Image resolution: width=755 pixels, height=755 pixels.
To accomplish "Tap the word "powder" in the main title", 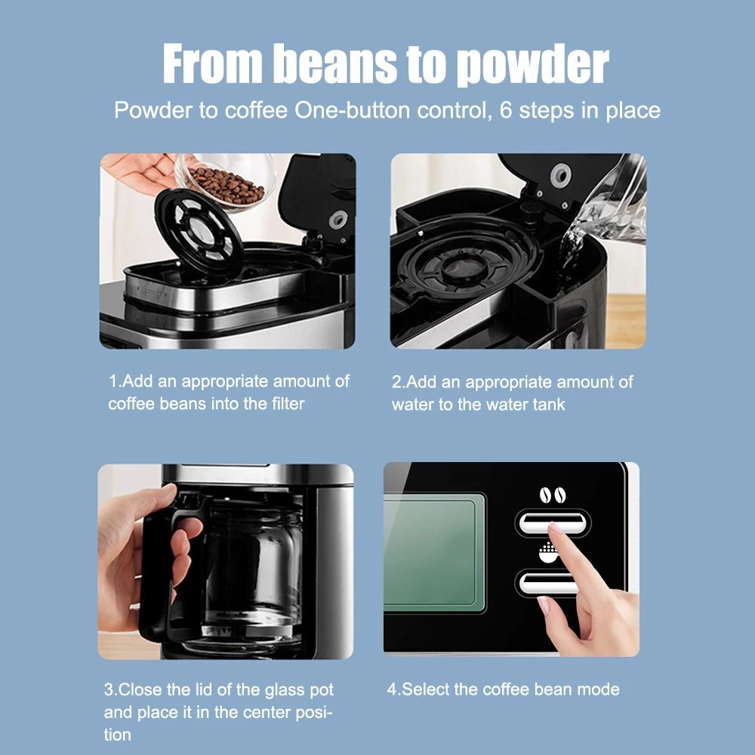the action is point(532,66).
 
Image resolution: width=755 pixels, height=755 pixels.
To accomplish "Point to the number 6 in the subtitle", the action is point(506,110).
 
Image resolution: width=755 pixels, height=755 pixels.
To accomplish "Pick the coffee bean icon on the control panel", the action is point(552,495).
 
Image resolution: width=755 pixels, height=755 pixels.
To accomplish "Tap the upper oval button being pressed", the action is point(553,522).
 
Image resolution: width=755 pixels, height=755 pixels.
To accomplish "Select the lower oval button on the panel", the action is point(547,583).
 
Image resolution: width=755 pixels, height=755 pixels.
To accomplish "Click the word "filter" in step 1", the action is point(288,403).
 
